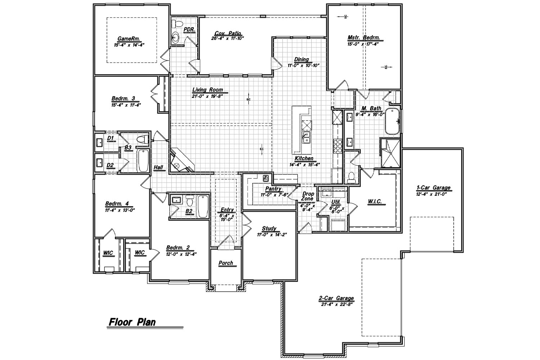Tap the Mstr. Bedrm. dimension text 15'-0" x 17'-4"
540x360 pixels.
(x=364, y=45)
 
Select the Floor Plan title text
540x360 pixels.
(x=132, y=321)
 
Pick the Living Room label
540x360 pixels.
(x=207, y=90)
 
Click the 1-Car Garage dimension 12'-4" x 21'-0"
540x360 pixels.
(x=433, y=194)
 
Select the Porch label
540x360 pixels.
(x=226, y=263)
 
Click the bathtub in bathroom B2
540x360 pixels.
(x=203, y=206)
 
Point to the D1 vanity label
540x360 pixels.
(x=111, y=138)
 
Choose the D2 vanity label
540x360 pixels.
(x=111, y=165)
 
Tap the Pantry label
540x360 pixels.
(x=273, y=189)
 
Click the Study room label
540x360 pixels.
(x=269, y=229)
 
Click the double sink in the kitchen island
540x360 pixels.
(x=307, y=137)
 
